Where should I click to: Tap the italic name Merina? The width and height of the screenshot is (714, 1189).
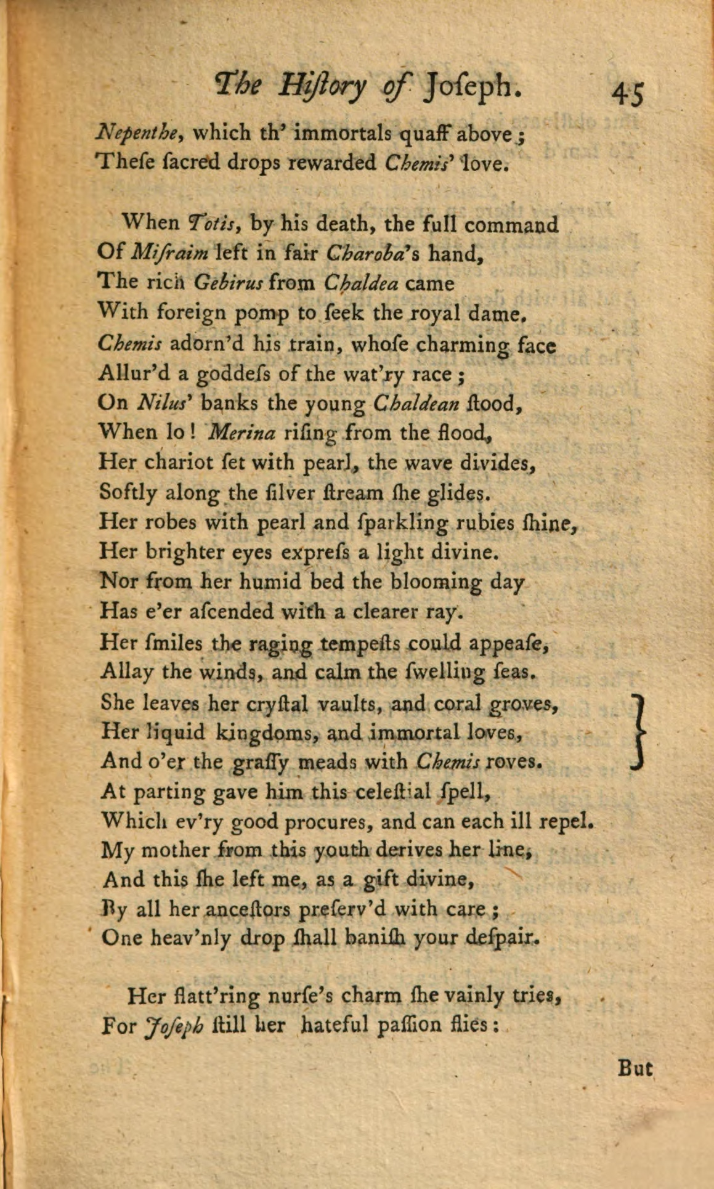click(242, 433)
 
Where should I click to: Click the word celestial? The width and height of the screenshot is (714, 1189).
click(392, 792)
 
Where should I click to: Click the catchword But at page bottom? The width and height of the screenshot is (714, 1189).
click(635, 1068)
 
